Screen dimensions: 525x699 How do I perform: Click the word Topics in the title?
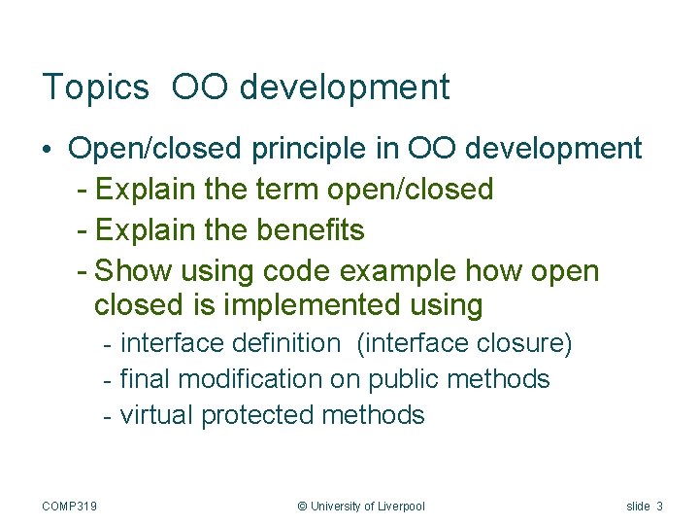pos(95,87)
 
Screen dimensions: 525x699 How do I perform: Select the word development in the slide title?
pos(344,87)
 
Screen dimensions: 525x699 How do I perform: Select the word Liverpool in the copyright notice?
pos(396,506)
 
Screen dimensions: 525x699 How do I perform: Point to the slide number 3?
pos(659,506)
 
